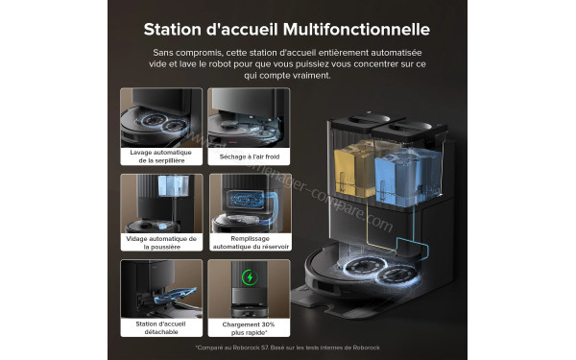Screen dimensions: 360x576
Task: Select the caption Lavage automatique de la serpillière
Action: pyautogui.click(x=161, y=156)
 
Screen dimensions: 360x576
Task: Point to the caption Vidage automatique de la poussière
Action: pyautogui.click(x=161, y=242)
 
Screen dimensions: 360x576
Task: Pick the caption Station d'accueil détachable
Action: pyautogui.click(x=161, y=327)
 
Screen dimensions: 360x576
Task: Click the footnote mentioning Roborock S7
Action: pyautogui.click(x=287, y=348)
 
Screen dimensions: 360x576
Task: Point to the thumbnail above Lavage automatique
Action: pyautogui.click(x=161, y=116)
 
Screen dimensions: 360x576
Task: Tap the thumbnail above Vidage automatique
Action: pyautogui.click(x=161, y=202)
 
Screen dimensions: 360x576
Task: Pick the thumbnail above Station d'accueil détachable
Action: pyautogui.click(x=161, y=288)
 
